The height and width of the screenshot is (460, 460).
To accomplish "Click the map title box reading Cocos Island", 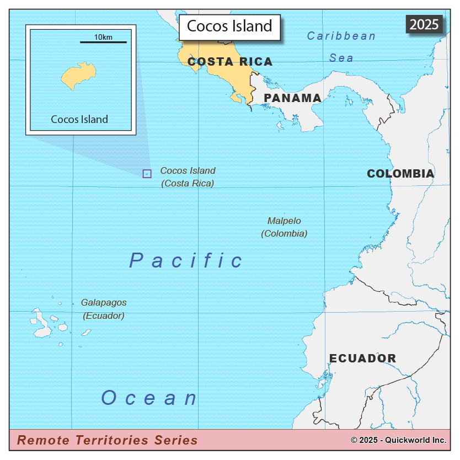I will [229, 26].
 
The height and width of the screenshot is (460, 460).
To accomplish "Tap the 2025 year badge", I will [424, 24].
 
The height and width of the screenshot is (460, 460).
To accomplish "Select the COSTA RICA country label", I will [230, 62].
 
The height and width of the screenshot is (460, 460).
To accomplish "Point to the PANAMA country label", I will [292, 98].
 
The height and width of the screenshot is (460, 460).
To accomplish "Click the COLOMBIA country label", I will [400, 174].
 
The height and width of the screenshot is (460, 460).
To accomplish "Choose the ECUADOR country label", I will [362, 359].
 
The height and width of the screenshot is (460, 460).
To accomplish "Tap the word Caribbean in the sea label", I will [341, 36].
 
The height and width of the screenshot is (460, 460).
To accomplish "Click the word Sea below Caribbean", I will [341, 58].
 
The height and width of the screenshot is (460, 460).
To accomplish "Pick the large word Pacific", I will [186, 260].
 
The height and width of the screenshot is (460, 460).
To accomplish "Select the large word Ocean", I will [149, 398].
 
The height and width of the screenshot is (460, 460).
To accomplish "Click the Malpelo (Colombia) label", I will [284, 227].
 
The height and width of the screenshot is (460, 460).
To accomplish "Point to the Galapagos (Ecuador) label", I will [104, 309].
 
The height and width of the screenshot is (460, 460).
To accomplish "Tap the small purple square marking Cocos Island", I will [147, 174].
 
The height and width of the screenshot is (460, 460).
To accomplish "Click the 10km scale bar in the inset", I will [103, 41].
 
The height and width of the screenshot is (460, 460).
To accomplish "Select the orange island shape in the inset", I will [79, 77].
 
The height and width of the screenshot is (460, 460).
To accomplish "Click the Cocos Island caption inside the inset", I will [79, 119].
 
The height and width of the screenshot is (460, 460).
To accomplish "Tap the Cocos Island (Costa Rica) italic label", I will [188, 177].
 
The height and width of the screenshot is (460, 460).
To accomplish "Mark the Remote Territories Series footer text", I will [107, 440].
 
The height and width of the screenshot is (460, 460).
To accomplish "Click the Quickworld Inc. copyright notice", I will [398, 440].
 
